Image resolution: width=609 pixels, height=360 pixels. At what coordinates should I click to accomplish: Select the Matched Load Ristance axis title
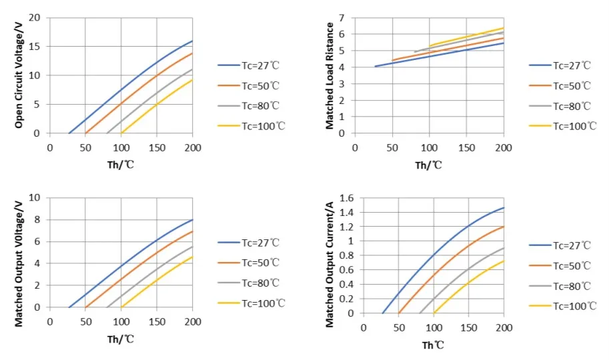pyautogui.click(x=330, y=75)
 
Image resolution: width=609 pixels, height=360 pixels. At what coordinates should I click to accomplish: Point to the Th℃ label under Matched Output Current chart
pyautogui.click(x=432, y=345)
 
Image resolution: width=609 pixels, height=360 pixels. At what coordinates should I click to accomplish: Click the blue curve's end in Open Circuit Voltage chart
pyautogui.click(x=192, y=41)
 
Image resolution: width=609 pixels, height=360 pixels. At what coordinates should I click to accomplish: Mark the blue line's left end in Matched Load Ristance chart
pyautogui.click(x=375, y=67)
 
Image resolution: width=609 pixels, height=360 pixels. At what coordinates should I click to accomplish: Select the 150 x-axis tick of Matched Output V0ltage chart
pyautogui.click(x=157, y=321)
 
